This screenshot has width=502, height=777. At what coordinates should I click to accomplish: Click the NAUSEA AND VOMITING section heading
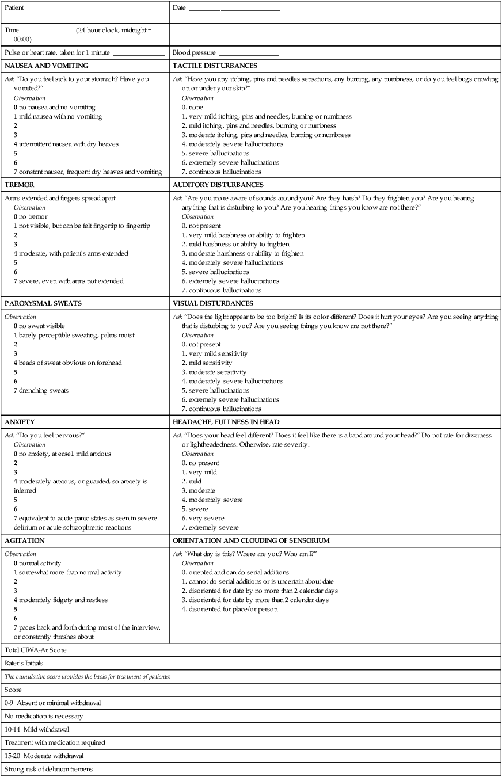pos(46,66)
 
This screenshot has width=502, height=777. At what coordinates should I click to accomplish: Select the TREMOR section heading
pos(20,185)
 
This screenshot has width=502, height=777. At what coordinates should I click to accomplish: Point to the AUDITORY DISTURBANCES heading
pos(218,185)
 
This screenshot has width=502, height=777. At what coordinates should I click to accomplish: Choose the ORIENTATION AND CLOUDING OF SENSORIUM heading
pos(251,541)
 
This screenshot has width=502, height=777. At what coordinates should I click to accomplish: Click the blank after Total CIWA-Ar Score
pos(79,650)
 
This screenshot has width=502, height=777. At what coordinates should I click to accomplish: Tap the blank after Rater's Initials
pos(59,664)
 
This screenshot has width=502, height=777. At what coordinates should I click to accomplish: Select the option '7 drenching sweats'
pos(41,391)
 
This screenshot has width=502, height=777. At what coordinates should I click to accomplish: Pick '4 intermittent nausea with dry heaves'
pos(66,144)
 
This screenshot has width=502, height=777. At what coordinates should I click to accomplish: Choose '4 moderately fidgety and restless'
pos(60,600)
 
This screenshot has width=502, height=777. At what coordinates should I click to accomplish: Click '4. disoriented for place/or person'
pos(229,609)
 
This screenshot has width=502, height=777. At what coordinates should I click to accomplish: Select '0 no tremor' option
pos(32,216)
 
